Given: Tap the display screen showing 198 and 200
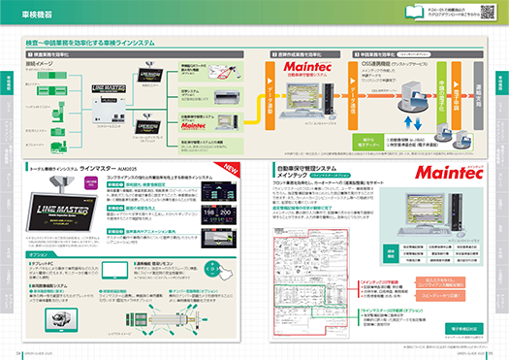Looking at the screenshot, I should [202, 208].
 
